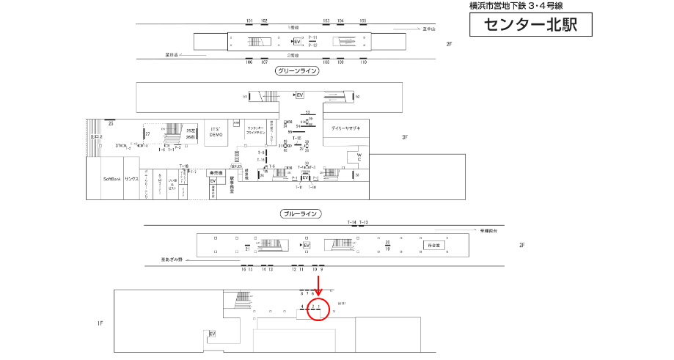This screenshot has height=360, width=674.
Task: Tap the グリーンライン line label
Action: click(x=298, y=71)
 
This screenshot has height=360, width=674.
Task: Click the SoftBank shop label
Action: click(x=111, y=179)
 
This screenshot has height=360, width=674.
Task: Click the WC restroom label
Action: click(x=359, y=158)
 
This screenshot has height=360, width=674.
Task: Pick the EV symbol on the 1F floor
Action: click(x=213, y=334)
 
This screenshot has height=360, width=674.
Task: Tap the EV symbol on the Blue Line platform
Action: click(x=307, y=245)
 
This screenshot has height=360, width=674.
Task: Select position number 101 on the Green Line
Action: click(x=249, y=21)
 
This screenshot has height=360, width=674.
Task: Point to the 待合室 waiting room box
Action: click(x=433, y=245)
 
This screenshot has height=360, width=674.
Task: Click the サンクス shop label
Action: click(x=131, y=179)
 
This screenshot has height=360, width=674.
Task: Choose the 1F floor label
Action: click(x=100, y=323)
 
